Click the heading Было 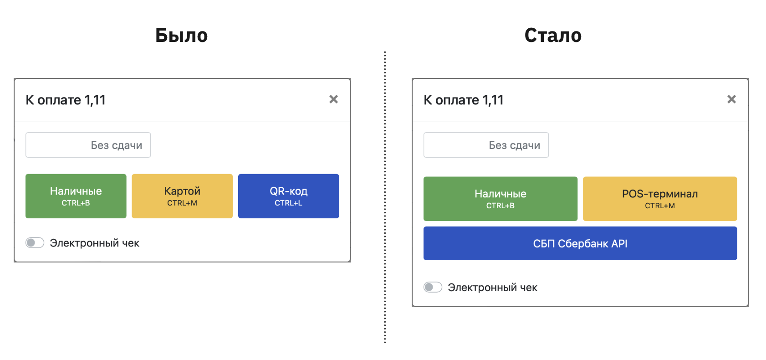(x=182, y=35)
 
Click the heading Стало (x=553, y=35)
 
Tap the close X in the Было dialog (x=333, y=99)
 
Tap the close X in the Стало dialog (x=731, y=99)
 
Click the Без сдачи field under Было (x=88, y=145)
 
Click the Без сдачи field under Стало (x=486, y=145)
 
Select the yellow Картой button (x=182, y=196)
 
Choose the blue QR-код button (x=289, y=196)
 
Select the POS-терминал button (x=660, y=199)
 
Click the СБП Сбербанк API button (x=580, y=243)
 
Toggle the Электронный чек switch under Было (x=35, y=243)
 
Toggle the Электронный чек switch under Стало (x=433, y=287)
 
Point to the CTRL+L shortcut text (x=288, y=203)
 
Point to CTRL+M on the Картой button (x=182, y=203)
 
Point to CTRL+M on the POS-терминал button (x=660, y=206)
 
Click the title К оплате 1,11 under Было (x=66, y=100)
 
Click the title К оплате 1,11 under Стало (x=464, y=100)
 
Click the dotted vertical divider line (x=385, y=197)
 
